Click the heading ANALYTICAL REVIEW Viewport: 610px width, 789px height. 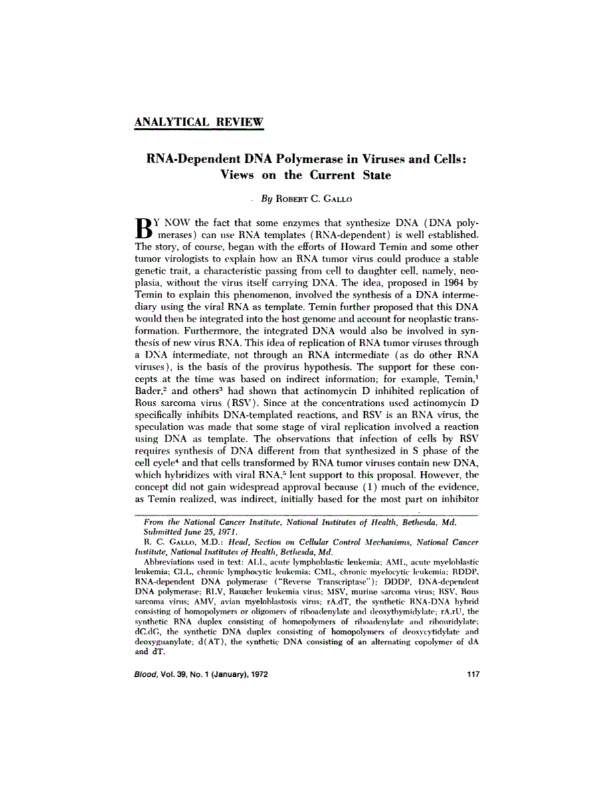199,122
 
